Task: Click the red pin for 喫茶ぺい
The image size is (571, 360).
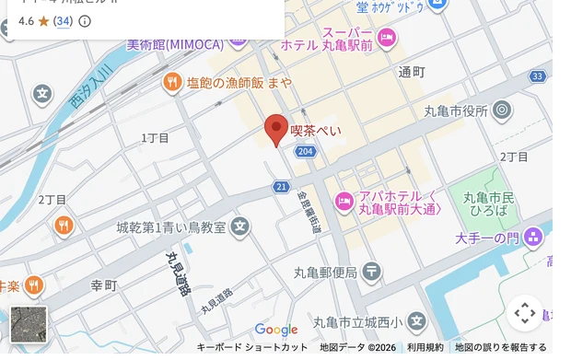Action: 276,129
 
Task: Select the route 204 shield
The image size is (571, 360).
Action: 306,151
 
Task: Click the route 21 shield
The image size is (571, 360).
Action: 281,187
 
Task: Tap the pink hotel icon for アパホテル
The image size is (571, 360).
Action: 344,201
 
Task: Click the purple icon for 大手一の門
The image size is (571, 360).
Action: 533,238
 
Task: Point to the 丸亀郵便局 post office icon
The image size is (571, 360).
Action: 371,272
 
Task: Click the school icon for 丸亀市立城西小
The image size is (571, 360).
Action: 417,321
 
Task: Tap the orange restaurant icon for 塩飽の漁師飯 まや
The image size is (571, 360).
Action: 171,83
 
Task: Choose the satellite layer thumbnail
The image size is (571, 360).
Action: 28,324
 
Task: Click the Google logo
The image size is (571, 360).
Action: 276,330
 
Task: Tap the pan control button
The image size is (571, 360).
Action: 525,313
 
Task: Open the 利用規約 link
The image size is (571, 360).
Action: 425,348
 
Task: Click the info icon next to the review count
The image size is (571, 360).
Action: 85,21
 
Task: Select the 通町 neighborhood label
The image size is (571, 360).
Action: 412,72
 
